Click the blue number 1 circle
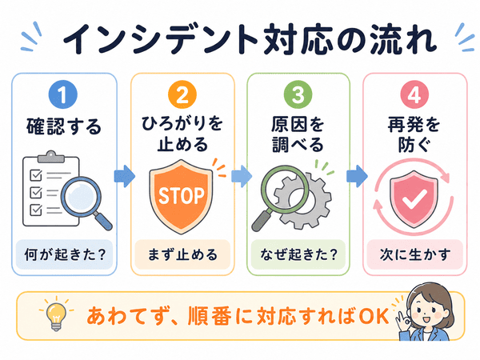(x=63, y=94)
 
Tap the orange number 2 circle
(x=182, y=94)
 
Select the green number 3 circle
(x=298, y=94)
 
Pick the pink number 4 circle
(x=414, y=94)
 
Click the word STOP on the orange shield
(x=182, y=196)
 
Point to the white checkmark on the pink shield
(x=414, y=199)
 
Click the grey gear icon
(x=303, y=201)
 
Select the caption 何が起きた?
(x=65, y=254)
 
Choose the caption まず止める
(x=182, y=254)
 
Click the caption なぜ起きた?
(x=298, y=254)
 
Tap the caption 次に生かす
(x=415, y=254)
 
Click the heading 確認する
(x=64, y=126)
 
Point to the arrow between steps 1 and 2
(x=124, y=176)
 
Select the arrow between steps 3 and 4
(x=357, y=176)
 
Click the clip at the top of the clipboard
(x=51, y=157)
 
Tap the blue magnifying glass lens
(x=81, y=196)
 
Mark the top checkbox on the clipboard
(x=36, y=175)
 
